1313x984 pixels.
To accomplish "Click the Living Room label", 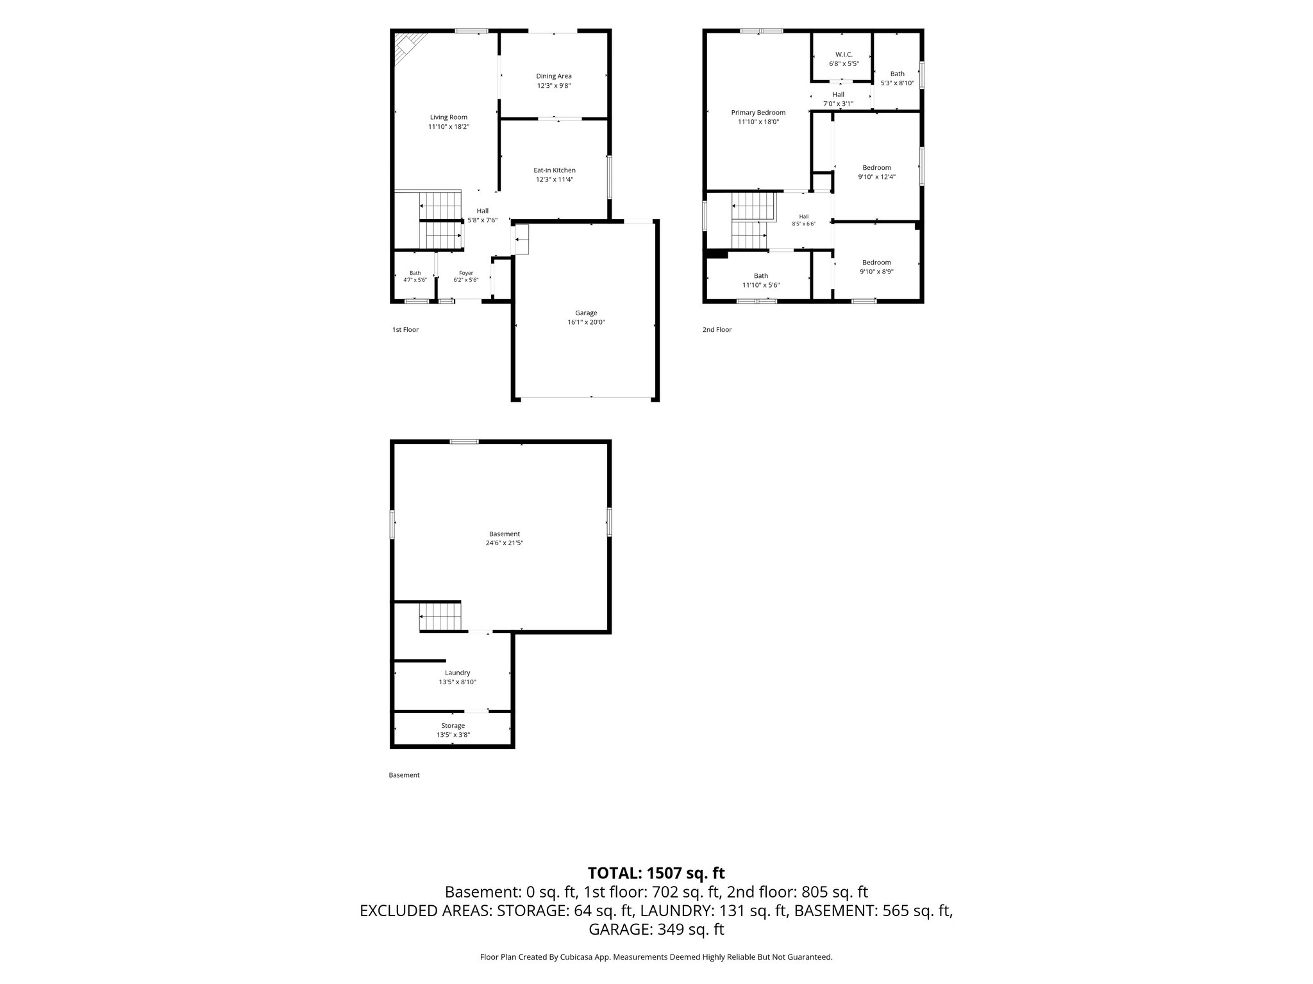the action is click(x=449, y=117).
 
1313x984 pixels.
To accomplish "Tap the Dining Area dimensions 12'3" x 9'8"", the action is click(x=554, y=85).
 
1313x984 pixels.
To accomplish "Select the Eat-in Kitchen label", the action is click(x=555, y=170).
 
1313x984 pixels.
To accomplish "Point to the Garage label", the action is click(x=586, y=313).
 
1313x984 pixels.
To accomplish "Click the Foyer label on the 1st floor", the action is click(x=466, y=273).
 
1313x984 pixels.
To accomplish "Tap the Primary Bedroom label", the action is click(x=758, y=113).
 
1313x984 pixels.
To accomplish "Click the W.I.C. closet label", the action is click(x=843, y=54).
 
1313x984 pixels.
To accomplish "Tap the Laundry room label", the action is click(x=458, y=673).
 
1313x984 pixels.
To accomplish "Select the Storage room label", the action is click(x=453, y=726).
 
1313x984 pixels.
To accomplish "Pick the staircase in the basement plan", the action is click(x=440, y=617).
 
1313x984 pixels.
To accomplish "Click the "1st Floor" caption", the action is click(x=405, y=330).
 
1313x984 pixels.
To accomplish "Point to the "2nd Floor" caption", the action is click(x=717, y=330).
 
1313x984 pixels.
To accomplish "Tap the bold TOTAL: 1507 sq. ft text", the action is click(x=656, y=873).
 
